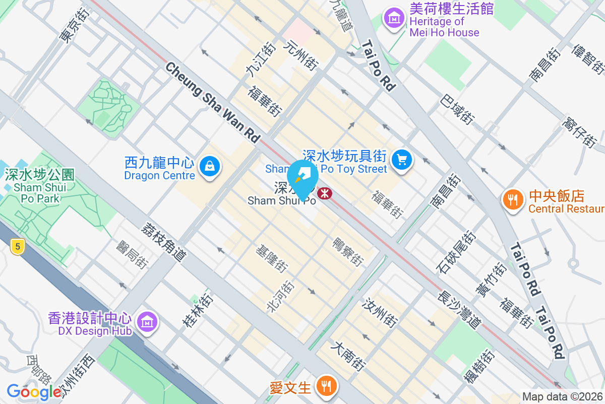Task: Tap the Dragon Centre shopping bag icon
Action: pyautogui.click(x=209, y=166)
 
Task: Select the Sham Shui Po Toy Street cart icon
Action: pyautogui.click(x=402, y=161)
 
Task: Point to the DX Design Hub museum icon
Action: pyautogui.click(x=147, y=321)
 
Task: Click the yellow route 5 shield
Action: pyautogui.click(x=17, y=246)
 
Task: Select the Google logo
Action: pyautogui.click(x=34, y=391)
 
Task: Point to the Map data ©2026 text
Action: pyautogui.click(x=562, y=396)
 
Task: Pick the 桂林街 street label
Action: pyautogui.click(x=198, y=308)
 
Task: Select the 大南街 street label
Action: pyautogui.click(x=349, y=356)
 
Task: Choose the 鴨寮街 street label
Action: pyautogui.click(x=347, y=252)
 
